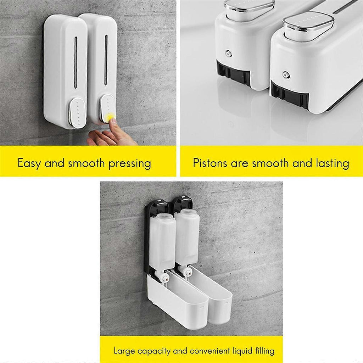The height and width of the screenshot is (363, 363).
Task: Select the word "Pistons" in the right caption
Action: (210, 163)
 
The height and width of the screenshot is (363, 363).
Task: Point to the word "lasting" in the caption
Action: (333, 163)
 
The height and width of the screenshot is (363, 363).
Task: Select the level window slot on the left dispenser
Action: (76, 62)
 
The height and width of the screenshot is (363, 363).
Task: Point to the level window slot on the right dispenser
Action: (106, 60)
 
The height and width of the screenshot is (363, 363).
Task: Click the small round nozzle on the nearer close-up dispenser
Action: (285, 74)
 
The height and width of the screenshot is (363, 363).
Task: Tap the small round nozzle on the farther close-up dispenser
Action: (228, 53)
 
